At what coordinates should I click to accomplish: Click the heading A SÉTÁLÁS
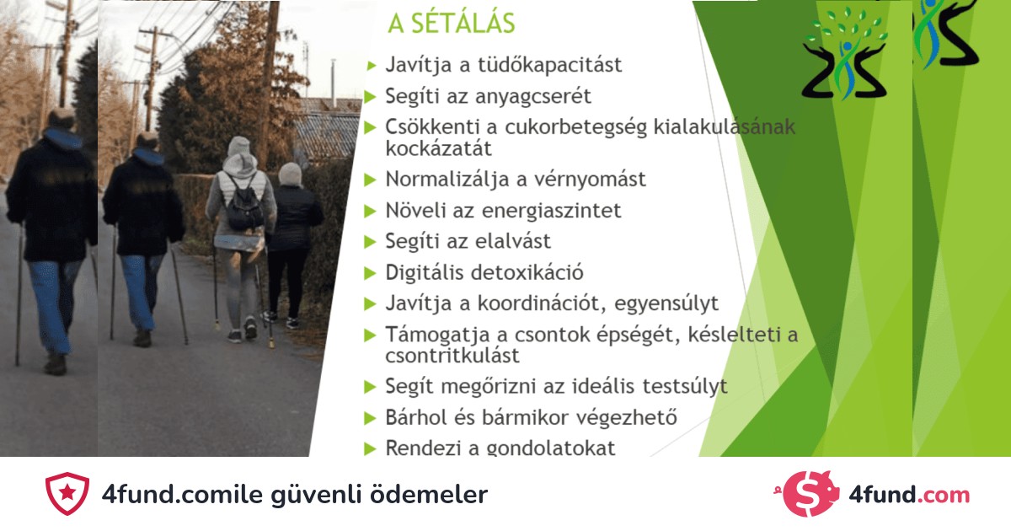[452, 23]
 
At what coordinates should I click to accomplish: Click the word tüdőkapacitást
[549, 65]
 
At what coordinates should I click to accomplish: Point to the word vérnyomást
[590, 180]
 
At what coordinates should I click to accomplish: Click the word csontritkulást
[452, 356]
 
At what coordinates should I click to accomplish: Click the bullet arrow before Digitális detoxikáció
[370, 273]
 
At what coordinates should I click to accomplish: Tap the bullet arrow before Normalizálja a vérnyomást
[370, 180]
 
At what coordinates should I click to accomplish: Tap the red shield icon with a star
[67, 494]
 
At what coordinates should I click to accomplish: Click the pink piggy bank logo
[808, 494]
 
